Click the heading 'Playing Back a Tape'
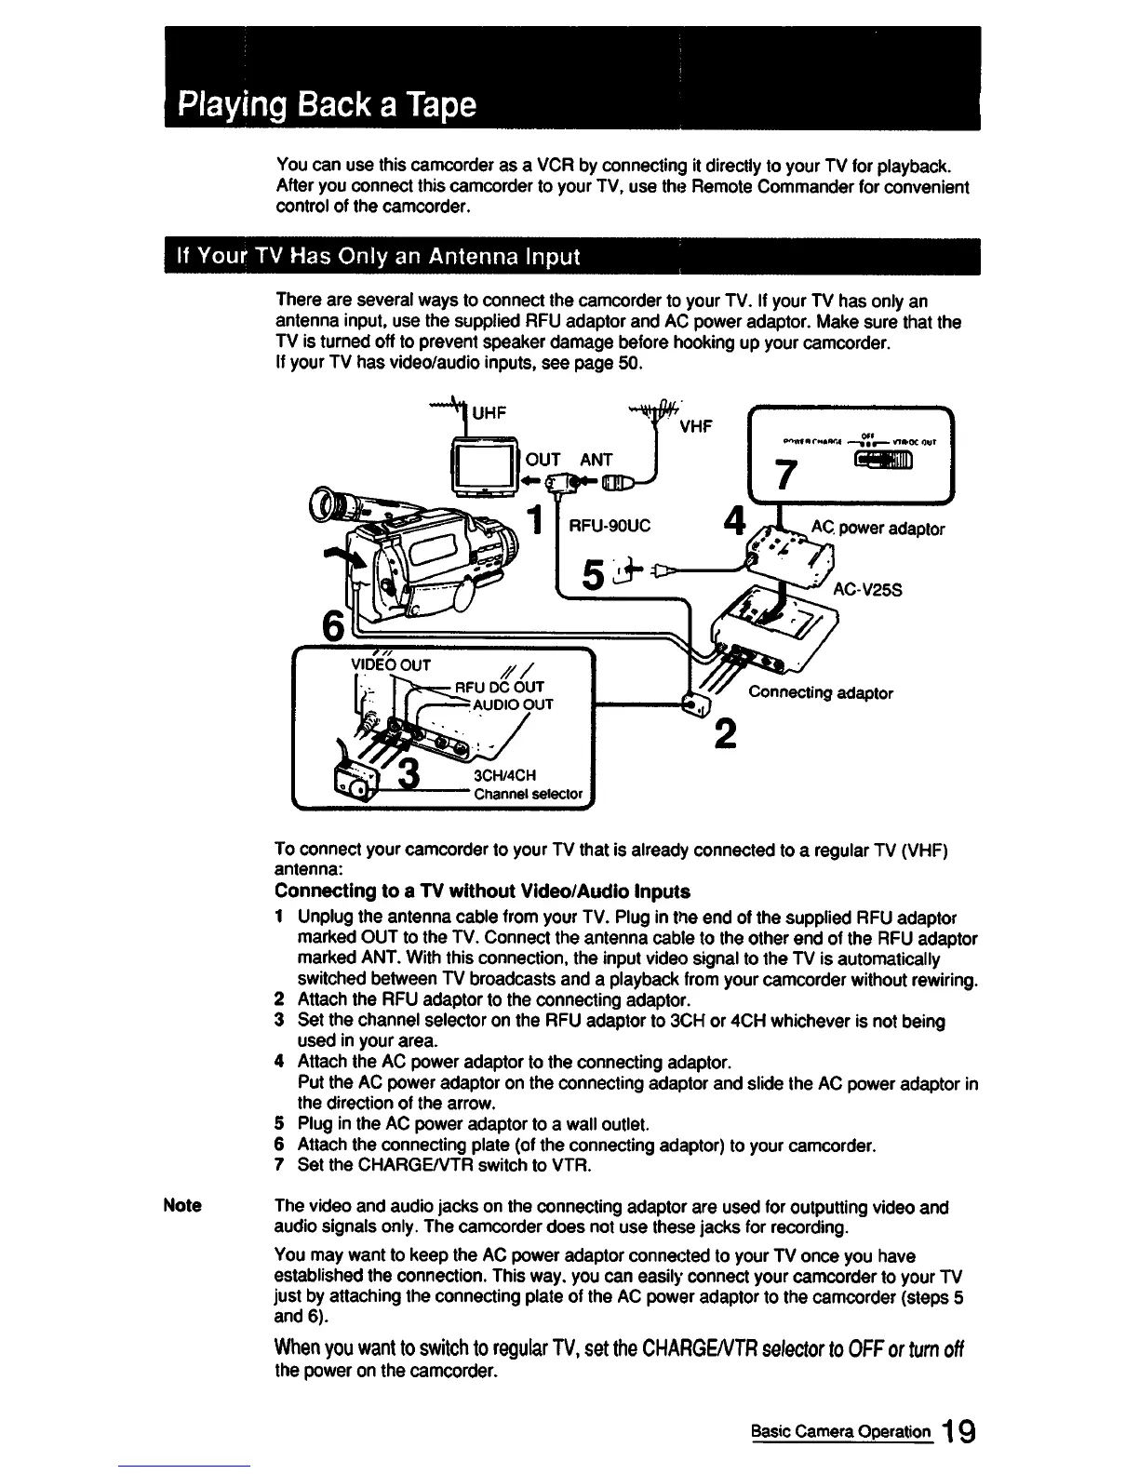click(x=328, y=102)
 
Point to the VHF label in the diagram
click(x=696, y=426)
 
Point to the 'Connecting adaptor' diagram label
click(x=821, y=693)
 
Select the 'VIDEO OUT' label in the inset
click(x=390, y=665)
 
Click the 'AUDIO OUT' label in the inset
click(x=513, y=704)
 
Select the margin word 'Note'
click(x=182, y=1206)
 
